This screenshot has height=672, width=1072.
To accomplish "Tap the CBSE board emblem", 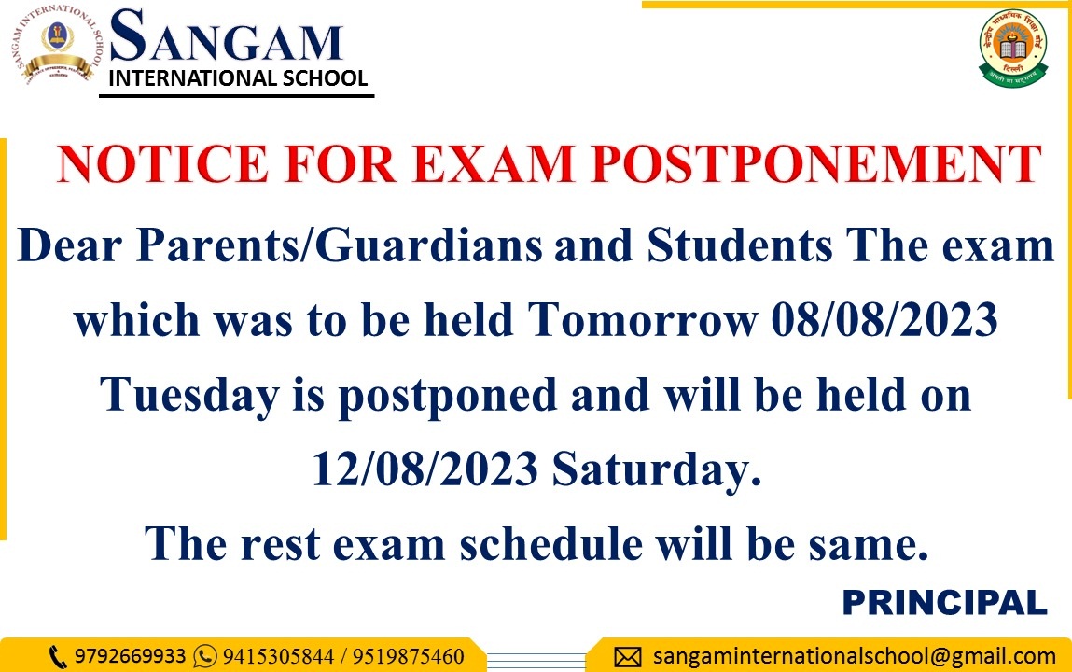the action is (1013, 48).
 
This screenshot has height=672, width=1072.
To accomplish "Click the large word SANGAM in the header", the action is (226, 36).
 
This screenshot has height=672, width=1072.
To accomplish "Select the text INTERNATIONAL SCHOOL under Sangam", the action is (238, 77).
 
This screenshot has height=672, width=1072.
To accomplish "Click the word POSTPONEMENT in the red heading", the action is (816, 164).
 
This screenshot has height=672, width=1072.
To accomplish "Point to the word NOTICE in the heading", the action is (162, 164).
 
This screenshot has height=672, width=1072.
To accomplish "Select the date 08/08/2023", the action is (884, 319).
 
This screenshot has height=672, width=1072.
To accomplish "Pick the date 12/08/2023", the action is (425, 469).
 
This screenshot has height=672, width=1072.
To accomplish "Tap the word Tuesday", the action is (190, 395).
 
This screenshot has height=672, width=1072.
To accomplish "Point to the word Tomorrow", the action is (644, 319).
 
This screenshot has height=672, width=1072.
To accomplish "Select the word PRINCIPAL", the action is (945, 602).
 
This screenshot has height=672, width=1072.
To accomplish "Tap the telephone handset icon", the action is (58, 657).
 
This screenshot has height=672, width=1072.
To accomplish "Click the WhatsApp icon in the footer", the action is (205, 656).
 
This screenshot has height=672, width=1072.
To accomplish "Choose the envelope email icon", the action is (628, 657).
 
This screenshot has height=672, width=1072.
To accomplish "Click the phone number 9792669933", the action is (130, 656).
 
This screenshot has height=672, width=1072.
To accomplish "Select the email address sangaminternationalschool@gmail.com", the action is (855, 657).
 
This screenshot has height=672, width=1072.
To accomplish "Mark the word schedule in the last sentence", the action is (551, 544).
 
